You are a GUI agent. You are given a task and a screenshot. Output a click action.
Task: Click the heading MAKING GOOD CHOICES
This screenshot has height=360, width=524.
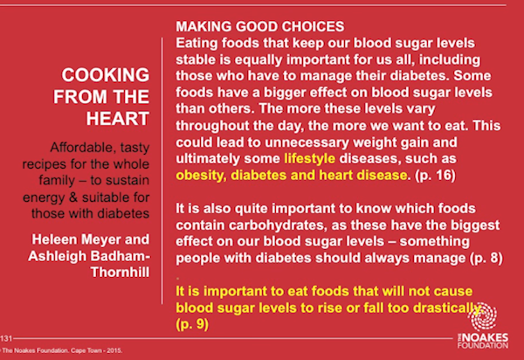[x=260, y=26]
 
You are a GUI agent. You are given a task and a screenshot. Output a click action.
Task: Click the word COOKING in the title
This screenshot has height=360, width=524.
[x=106, y=75]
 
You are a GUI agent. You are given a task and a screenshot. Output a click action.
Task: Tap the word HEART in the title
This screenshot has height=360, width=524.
[x=118, y=119]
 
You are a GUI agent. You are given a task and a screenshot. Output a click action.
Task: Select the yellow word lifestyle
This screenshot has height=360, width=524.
[x=309, y=158]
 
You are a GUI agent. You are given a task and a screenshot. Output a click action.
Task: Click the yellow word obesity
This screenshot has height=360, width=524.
[x=201, y=175]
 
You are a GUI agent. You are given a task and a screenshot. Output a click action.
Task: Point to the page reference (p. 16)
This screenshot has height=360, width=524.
[x=435, y=175]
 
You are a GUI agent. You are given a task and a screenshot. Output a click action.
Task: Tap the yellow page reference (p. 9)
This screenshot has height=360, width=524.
[x=192, y=324]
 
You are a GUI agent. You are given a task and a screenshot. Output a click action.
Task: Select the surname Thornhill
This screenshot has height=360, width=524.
[x=120, y=272]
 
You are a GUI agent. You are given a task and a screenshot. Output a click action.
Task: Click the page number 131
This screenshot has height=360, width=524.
[x=6, y=339]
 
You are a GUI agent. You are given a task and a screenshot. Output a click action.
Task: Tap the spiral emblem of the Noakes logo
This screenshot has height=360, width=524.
[x=484, y=316]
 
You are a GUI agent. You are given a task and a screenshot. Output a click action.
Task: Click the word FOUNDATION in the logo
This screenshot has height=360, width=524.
[x=483, y=345]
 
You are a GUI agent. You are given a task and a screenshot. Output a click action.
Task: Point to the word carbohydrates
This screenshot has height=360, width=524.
[x=277, y=225]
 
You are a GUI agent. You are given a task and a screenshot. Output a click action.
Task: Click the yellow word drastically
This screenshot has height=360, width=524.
[x=447, y=308]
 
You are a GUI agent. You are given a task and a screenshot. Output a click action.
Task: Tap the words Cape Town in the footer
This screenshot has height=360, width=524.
[x=86, y=350]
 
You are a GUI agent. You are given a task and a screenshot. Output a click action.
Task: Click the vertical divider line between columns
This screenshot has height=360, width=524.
[x=162, y=170]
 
